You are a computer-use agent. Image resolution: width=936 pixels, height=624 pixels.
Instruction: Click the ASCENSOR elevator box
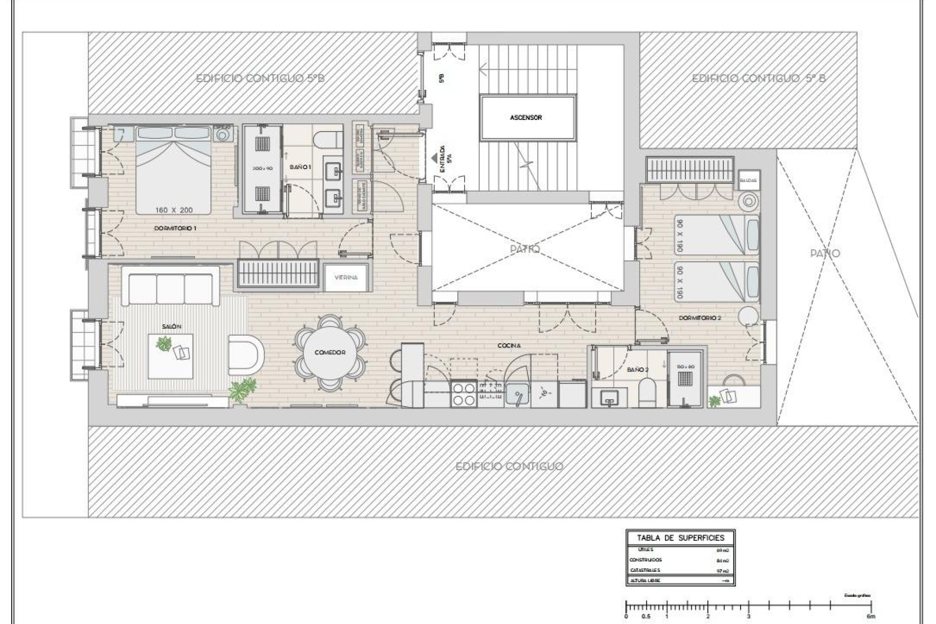pos(526,117)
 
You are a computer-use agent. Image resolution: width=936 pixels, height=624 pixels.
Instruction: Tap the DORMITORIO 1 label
pos(175,228)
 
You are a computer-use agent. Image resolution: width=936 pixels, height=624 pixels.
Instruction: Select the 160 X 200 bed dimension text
pos(174,210)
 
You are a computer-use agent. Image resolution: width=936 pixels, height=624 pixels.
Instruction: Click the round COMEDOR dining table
pos(330,352)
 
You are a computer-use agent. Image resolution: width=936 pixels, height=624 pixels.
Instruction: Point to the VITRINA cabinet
pos(346,277)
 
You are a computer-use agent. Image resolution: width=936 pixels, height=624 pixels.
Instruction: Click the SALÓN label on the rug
pos(172,327)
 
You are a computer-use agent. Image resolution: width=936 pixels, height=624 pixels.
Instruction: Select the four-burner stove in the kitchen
pos(464,394)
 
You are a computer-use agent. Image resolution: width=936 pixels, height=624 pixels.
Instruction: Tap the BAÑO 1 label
pos(300,167)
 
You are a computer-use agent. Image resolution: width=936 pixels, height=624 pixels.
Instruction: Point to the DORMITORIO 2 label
pos(700,318)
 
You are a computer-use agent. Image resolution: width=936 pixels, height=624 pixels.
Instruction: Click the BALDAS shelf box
pos(748,180)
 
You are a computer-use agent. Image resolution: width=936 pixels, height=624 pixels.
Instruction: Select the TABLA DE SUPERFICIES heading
pos(681,538)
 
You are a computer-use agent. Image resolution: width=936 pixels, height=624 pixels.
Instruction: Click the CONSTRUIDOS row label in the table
pos(645,560)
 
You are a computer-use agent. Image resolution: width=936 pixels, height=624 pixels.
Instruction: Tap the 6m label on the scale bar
pos(871,616)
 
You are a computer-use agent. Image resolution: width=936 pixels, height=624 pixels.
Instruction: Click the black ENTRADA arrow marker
pos(434,158)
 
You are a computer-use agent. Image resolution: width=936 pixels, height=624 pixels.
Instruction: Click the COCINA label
pos(509,346)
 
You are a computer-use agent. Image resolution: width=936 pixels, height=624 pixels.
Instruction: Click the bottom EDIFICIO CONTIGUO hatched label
pos(509,467)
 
